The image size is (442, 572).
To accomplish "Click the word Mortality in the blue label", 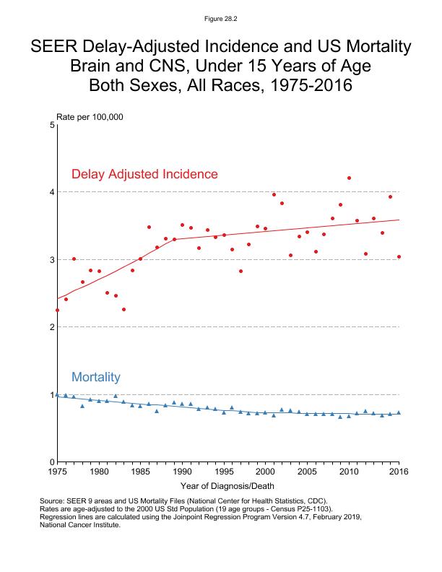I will point(95,377).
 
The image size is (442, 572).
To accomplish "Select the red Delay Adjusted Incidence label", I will point(144,174).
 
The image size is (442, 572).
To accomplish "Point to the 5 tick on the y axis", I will point(52,125).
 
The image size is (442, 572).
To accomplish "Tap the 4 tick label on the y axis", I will point(52,192).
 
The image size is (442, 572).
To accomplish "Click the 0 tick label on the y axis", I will point(52,462).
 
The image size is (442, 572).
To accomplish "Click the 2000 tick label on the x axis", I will point(265,472).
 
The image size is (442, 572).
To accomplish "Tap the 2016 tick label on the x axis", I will point(399,472).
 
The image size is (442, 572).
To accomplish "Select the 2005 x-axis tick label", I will point(307,472).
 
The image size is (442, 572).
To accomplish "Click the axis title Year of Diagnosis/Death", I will point(227,486).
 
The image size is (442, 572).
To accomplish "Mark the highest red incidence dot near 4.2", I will point(349,178).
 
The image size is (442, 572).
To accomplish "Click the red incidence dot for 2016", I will point(399,256).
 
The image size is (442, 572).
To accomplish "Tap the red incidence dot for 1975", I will point(57,310).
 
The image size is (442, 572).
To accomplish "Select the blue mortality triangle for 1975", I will point(57,394).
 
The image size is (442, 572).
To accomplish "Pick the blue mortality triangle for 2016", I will point(399,412).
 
